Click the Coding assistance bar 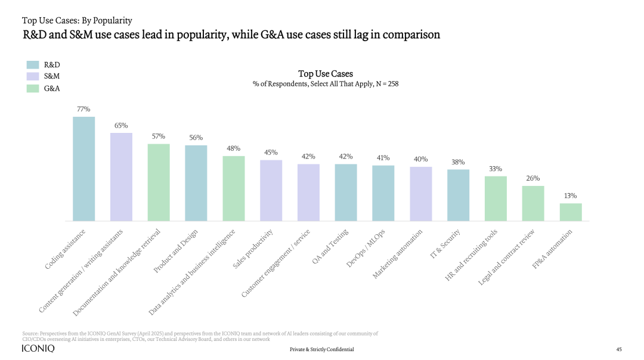pyautogui.click(x=84, y=169)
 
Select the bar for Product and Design pyautogui.click(x=196, y=183)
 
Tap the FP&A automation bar pyautogui.click(x=571, y=212)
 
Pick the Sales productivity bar pyautogui.click(x=271, y=190)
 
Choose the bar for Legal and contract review pyautogui.click(x=533, y=203)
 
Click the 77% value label pyautogui.click(x=83, y=109)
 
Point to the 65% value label pyautogui.click(x=121, y=126)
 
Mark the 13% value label pyautogui.click(x=571, y=195)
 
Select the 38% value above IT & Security pyautogui.click(x=458, y=162)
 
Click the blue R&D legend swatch pyautogui.click(x=33, y=64)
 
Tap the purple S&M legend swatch pyautogui.click(x=33, y=76)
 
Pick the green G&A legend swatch pyautogui.click(x=33, y=88)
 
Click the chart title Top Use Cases pyautogui.click(x=326, y=74)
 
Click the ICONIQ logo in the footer pyautogui.click(x=38, y=349)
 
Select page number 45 pyautogui.click(x=619, y=349)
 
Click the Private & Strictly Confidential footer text pyautogui.click(x=321, y=349)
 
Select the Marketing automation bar pyautogui.click(x=421, y=194)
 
